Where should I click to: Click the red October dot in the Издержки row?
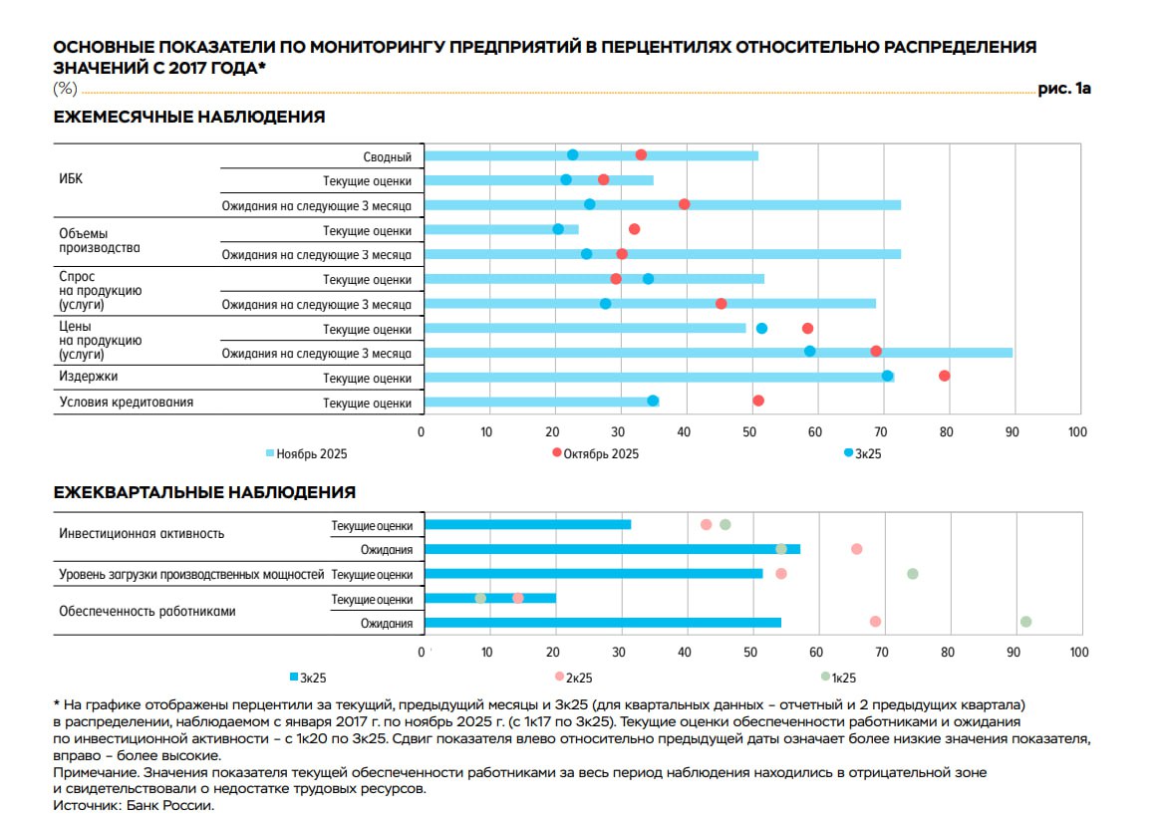[944, 376]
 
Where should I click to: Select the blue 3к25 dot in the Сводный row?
[572, 154]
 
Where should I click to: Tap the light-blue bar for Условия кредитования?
[538, 402]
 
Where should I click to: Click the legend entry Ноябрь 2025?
[306, 453]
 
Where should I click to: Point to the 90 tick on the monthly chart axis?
[1012, 431]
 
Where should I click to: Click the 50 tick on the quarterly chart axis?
[749, 653]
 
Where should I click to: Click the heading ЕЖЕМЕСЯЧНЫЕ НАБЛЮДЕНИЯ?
[188, 118]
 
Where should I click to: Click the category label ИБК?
[71, 180]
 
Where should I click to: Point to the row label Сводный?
[388, 156]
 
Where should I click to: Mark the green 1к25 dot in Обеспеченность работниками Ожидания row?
[1025, 622]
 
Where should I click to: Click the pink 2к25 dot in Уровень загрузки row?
[780, 574]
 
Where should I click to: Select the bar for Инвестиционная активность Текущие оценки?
[527, 525]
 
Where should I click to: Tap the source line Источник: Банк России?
[134, 805]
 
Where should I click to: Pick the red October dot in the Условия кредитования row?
[758, 401]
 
